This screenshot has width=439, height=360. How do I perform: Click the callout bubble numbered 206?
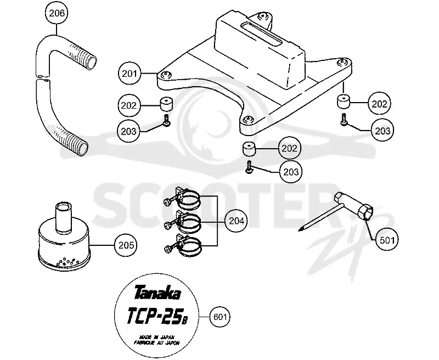coord(57,13)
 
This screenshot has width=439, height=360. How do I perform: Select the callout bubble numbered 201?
coord(130,74)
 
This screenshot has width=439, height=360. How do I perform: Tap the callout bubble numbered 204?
coord(237,221)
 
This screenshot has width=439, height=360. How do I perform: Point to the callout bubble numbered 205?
coord(126,245)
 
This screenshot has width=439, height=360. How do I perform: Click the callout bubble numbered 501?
coord(387,240)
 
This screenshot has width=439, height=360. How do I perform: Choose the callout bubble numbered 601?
coord(220,317)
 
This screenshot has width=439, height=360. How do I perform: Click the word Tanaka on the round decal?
coord(157,293)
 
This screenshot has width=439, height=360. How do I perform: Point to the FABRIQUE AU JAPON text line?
coord(157,342)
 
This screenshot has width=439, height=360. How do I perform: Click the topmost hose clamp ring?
coord(189,200)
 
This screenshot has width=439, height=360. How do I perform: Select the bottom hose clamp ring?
coord(189,247)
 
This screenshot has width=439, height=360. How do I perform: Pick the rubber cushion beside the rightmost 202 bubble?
coord(343,102)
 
